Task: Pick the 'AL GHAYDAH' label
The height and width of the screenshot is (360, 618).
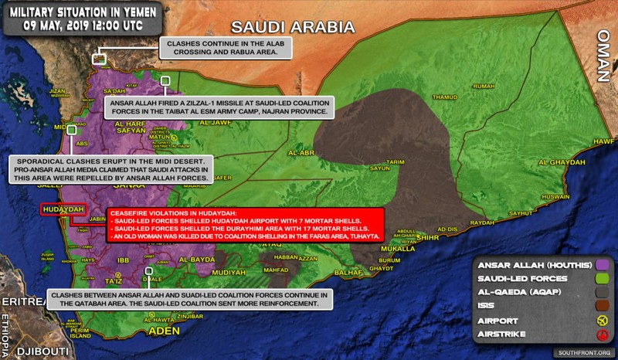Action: (x=558, y=161)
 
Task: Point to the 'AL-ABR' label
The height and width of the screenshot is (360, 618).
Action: (x=301, y=153)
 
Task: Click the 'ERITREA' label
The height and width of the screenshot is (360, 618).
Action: (x=18, y=300)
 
